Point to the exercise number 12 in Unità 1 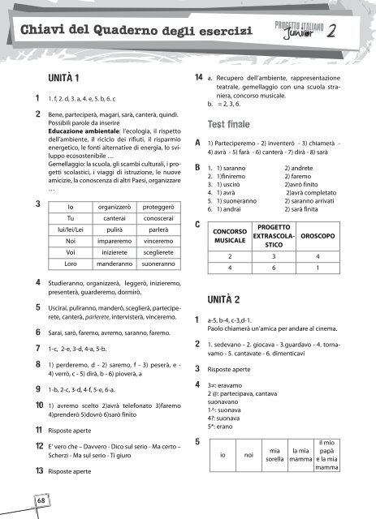point(28,447)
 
